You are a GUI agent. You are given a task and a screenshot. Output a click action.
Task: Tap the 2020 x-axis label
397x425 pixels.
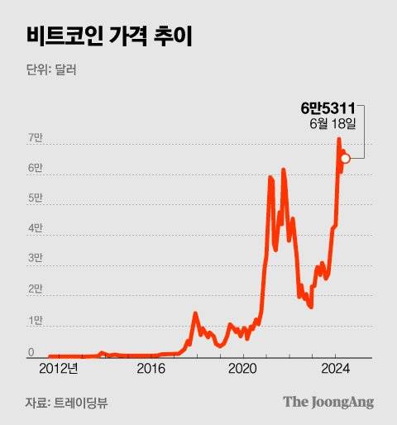(243, 369)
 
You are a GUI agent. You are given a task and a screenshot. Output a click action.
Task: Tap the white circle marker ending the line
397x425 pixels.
(346, 159)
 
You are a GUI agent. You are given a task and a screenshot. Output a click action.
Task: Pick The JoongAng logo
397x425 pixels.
(328, 402)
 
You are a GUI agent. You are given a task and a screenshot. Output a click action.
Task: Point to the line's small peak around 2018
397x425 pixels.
(195, 313)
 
